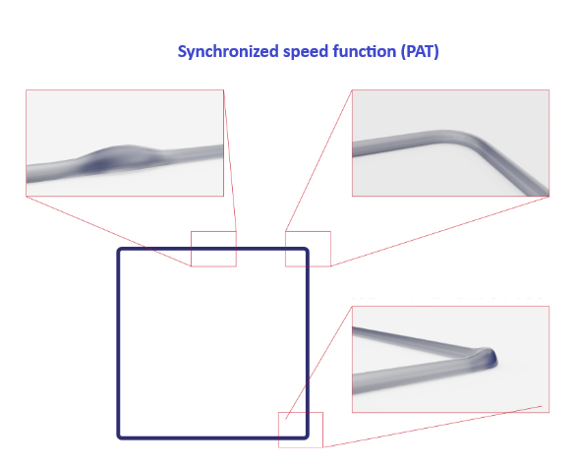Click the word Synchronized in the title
[x=228, y=51]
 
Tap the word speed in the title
[x=306, y=51]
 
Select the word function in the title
[x=365, y=51]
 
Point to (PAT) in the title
[x=420, y=51]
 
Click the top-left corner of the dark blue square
[x=119, y=250]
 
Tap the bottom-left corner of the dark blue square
[x=119, y=437]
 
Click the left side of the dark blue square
[x=119, y=343]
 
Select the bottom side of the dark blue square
[x=212, y=437]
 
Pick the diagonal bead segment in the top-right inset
[x=511, y=165]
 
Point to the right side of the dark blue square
[x=307, y=343]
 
